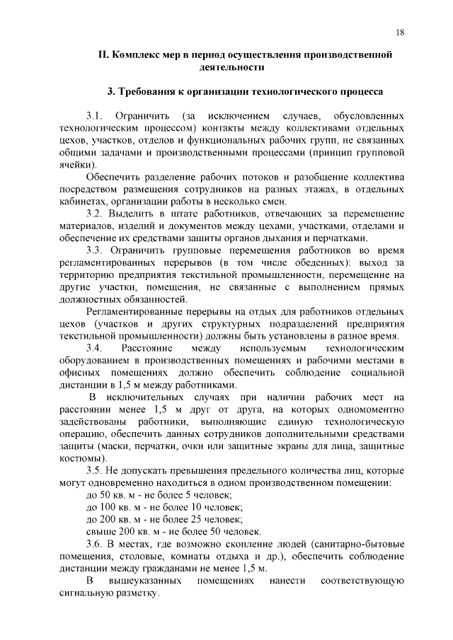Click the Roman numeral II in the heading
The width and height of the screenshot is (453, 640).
point(102,54)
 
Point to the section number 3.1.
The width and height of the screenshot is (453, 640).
point(95,115)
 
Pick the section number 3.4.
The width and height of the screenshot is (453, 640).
point(95,349)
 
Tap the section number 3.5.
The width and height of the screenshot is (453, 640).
point(95,470)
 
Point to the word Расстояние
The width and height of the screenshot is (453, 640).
point(146,349)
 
